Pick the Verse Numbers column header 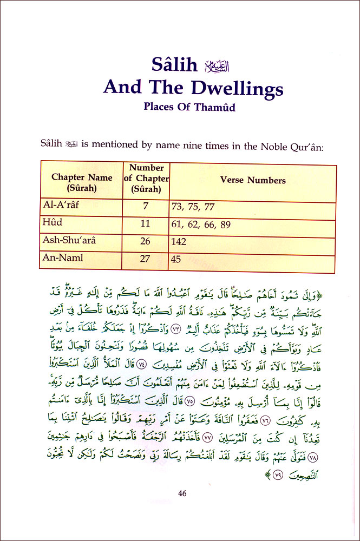[253, 180]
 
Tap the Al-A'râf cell [61, 206]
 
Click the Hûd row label [53, 223]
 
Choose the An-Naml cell [63, 258]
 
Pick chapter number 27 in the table [145, 259]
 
